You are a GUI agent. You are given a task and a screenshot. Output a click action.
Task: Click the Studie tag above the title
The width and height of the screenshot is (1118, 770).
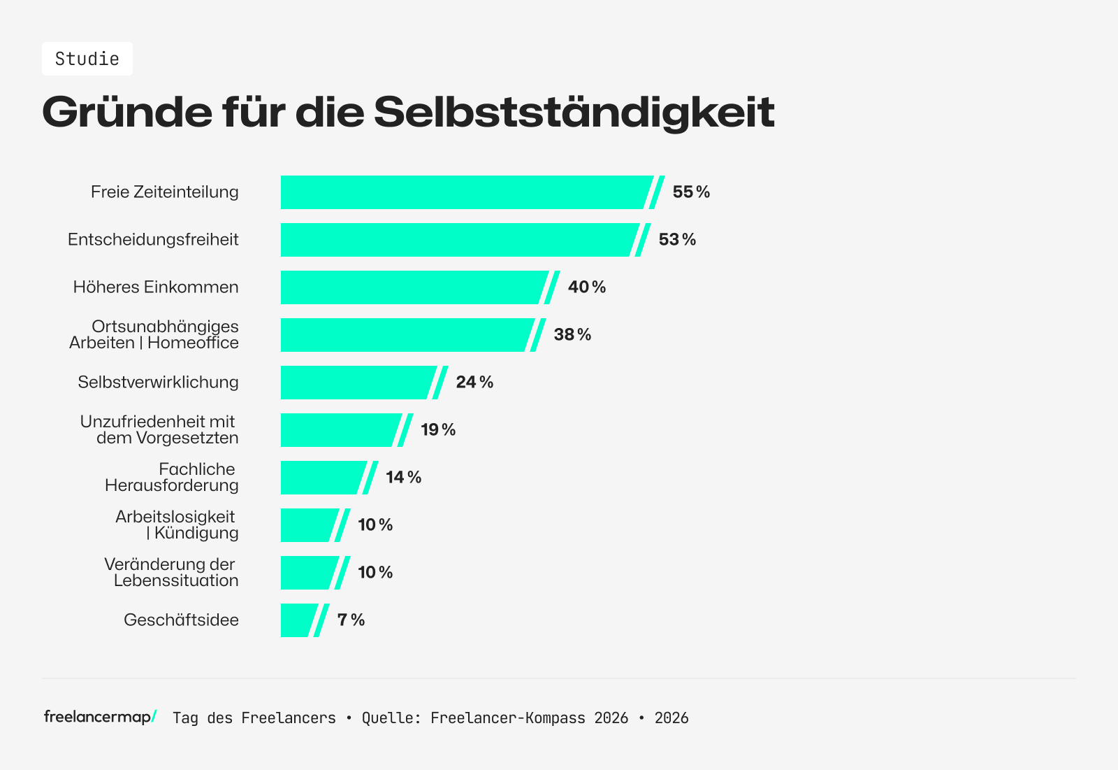click(87, 59)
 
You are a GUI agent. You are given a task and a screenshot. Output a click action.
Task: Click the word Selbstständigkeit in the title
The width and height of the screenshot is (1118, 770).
click(574, 112)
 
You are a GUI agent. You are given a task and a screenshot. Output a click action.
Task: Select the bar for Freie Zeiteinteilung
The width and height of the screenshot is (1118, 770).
click(465, 192)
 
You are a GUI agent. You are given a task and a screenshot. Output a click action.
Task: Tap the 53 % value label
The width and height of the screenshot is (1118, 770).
click(677, 240)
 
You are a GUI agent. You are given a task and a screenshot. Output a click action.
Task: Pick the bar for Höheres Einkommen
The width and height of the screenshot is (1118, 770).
click(412, 287)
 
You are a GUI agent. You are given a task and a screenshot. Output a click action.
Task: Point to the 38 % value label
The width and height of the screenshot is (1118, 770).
click(572, 335)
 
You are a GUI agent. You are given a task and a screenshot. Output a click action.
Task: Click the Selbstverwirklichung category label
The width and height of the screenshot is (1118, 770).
click(158, 383)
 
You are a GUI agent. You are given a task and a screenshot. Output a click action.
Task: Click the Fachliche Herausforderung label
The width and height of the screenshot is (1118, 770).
click(172, 477)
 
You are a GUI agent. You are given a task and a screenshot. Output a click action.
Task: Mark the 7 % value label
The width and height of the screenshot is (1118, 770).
click(351, 620)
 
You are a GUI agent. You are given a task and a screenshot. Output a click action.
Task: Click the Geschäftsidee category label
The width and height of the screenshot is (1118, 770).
click(181, 620)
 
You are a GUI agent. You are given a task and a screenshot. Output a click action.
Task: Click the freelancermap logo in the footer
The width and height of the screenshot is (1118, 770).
click(100, 717)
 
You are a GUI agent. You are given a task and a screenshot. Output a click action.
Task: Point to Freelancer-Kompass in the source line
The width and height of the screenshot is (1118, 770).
click(508, 718)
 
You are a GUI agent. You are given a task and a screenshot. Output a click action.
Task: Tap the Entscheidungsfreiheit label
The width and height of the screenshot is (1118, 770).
click(153, 240)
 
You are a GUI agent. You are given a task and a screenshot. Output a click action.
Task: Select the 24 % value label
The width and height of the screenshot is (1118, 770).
click(474, 383)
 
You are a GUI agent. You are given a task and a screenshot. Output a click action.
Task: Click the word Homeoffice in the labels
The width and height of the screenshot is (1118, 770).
click(193, 343)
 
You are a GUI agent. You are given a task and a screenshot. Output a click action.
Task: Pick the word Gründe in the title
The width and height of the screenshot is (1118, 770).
click(127, 112)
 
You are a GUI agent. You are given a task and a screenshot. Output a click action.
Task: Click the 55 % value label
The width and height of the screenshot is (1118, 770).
click(691, 192)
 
